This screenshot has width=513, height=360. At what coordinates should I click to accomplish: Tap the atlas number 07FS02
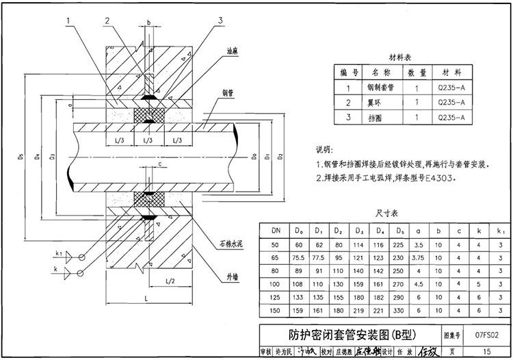(x=486, y=336)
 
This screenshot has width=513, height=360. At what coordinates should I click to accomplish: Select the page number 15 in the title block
(x=486, y=352)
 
